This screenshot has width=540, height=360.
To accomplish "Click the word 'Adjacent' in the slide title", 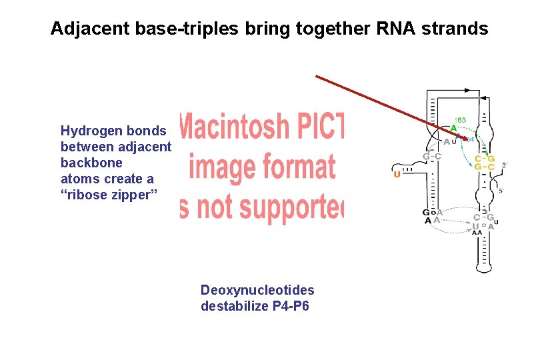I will pos(85,29).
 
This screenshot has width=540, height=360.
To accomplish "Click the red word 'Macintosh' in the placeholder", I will pos(253,127).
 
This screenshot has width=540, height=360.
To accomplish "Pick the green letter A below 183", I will pos(453,129).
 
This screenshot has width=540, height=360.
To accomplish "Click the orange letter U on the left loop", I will pos(397,175).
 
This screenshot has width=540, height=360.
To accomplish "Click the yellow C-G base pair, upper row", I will pos(484,159).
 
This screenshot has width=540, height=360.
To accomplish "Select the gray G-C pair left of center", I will pos(432,157).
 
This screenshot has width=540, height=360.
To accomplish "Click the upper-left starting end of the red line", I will pos(317,77).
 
